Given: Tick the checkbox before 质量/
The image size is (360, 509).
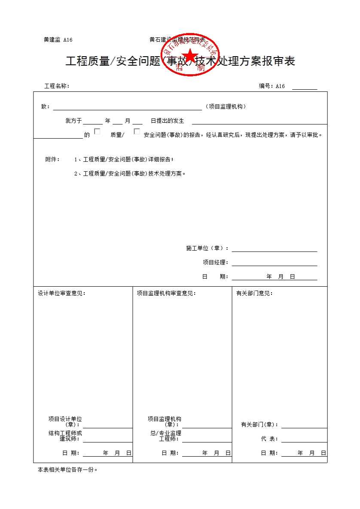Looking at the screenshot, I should click(97, 132).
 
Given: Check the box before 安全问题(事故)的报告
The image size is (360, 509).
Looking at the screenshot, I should click(137, 132).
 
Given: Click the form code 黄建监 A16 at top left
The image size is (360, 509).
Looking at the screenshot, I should click(58, 40).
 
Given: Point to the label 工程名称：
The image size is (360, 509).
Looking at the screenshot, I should click(57, 86).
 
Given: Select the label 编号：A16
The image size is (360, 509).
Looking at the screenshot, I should click(272, 86).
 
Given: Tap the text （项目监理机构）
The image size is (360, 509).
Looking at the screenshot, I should click(226, 106).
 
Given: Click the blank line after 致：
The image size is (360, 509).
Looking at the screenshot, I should click(127, 107).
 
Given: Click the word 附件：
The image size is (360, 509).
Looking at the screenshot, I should click(52, 159).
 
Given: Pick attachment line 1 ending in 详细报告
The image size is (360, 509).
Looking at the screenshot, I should click(124, 159).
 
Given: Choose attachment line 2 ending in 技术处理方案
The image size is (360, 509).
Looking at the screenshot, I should click(129, 173).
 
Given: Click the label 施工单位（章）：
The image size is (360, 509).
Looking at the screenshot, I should click(207, 248).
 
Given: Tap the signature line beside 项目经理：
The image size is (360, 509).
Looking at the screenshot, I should click(274, 263).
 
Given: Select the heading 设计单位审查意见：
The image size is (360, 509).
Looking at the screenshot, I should click(61, 293).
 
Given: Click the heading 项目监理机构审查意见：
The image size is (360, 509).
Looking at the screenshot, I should click(166, 293).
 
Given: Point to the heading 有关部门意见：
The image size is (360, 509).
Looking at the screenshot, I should click(254, 293).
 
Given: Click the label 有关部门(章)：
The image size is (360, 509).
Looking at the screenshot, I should click(259, 424).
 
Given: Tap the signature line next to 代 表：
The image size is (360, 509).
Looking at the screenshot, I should click(304, 439).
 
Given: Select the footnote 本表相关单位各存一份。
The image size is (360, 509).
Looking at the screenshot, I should click(67, 470).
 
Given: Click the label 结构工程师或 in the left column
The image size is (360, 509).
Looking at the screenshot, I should click(65, 433).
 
